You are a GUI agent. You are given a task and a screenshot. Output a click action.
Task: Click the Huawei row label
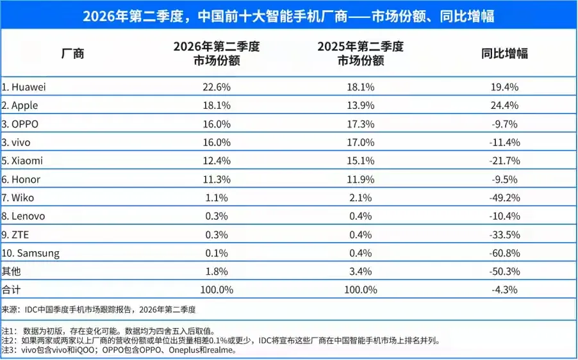(24, 87)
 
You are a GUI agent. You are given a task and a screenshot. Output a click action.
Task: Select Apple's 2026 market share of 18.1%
(217, 106)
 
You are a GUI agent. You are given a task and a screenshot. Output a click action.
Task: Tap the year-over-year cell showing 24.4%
(505, 106)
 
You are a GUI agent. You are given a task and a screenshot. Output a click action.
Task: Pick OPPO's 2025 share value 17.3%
(361, 124)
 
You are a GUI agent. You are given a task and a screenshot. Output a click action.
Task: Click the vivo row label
(16, 142)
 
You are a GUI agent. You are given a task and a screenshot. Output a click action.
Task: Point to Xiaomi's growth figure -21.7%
(505, 161)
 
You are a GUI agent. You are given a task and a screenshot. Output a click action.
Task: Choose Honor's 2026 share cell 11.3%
(217, 179)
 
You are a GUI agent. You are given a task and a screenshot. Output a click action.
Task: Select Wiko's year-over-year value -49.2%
(505, 198)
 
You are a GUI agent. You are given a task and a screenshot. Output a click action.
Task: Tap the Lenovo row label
(23, 216)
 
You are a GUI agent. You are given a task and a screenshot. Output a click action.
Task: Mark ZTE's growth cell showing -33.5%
(505, 234)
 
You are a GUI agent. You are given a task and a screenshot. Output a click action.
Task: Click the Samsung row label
(30, 253)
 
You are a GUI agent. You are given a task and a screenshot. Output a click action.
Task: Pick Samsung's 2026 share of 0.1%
(217, 253)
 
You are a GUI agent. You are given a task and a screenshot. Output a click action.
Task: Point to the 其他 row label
(11, 271)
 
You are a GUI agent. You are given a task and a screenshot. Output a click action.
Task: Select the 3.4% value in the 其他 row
(361, 272)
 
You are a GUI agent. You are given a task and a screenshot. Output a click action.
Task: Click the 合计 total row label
(11, 290)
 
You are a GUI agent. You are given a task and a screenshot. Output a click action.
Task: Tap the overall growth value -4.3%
(505, 290)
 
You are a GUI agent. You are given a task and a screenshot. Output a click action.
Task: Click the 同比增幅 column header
(505, 53)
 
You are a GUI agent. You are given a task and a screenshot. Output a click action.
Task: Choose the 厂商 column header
(72, 53)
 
